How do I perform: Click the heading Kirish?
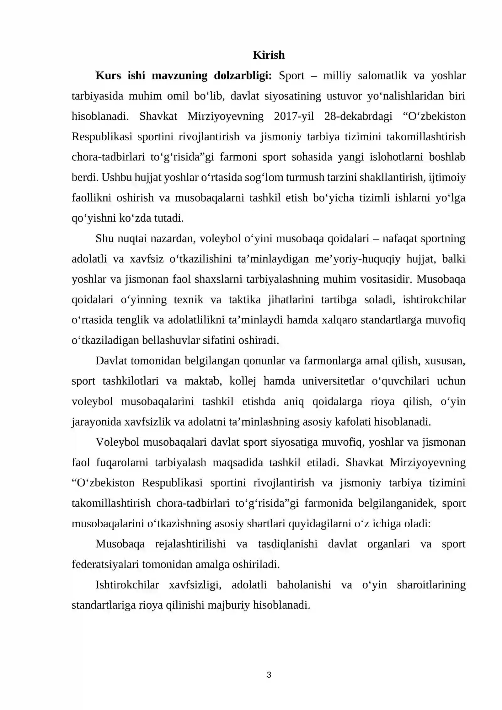pos(269,55)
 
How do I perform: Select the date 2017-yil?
pos(294,116)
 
